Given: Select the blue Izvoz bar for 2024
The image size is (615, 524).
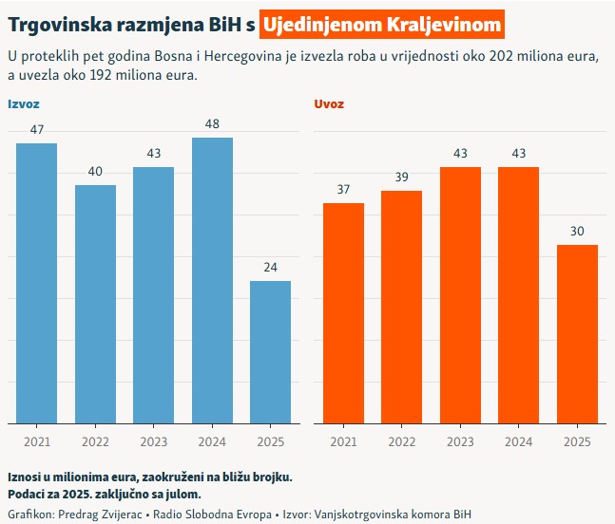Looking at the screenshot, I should click(212, 280).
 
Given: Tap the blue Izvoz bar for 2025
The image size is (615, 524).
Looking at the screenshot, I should click(270, 351).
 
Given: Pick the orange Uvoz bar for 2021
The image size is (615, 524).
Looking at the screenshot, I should click(343, 312).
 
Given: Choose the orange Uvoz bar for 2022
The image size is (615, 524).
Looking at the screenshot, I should click(401, 307).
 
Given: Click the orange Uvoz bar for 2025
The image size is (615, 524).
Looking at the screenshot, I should click(577, 333).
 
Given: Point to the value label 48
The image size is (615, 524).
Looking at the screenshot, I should click(212, 123).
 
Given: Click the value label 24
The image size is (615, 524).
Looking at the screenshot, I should click(270, 267).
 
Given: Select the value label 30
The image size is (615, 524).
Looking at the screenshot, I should click(577, 231).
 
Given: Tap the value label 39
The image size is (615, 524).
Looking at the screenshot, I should click(401, 177).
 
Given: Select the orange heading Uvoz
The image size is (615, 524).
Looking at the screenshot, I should click(329, 103).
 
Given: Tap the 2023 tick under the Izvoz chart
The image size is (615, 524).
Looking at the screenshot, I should click(154, 441).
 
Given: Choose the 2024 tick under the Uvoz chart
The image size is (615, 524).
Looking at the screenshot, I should click(519, 441).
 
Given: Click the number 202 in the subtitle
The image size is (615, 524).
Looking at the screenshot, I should click(505, 56).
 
